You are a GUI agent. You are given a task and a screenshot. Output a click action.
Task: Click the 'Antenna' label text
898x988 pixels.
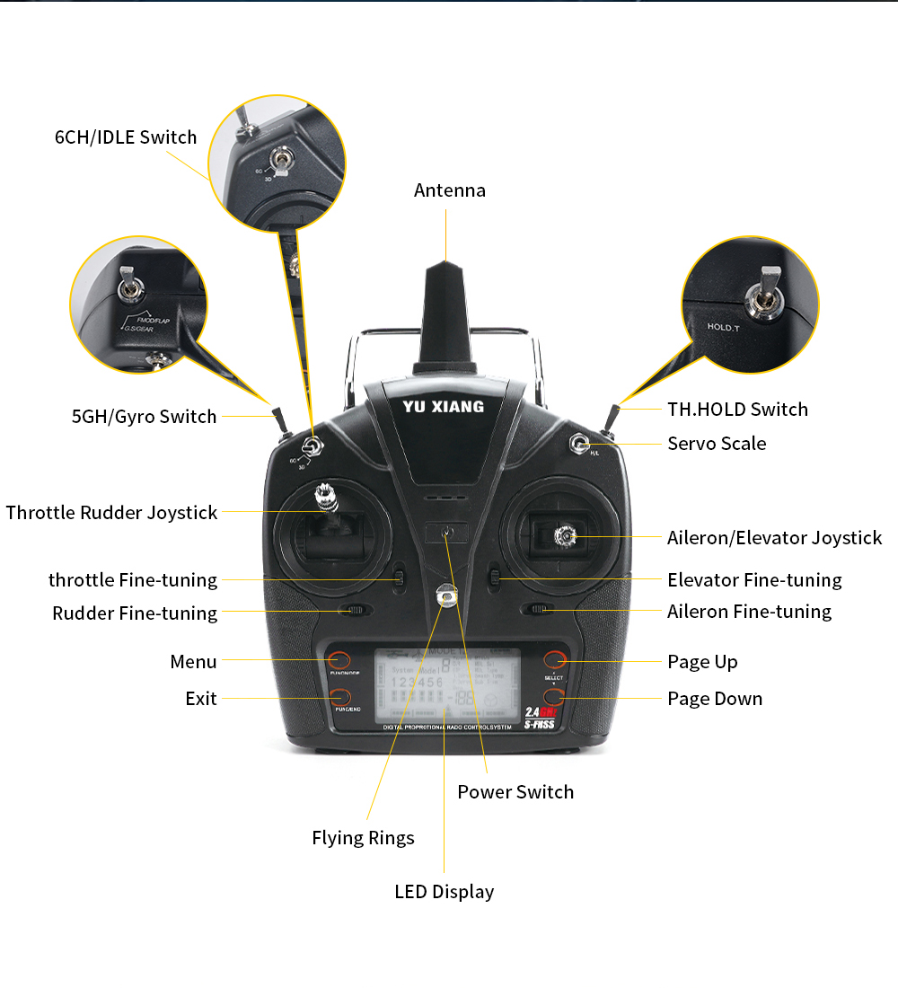(x=449, y=190)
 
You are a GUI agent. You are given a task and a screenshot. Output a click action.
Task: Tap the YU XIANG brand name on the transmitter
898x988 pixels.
(x=443, y=407)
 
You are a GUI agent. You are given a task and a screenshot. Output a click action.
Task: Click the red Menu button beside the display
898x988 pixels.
(x=339, y=660)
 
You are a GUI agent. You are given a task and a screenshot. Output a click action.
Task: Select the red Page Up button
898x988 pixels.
(x=554, y=660)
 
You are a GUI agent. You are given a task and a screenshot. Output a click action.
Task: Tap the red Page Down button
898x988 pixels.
(x=554, y=697)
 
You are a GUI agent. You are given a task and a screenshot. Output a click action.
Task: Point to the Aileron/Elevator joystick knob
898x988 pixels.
(x=565, y=536)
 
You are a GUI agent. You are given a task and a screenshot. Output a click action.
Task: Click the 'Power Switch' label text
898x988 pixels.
(x=515, y=792)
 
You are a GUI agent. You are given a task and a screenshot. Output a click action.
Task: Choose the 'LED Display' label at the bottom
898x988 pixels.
(x=444, y=892)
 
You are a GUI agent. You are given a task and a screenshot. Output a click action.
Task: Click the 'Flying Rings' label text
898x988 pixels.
(x=363, y=838)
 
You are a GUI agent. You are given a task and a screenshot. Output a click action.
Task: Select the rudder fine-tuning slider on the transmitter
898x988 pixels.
(x=356, y=611)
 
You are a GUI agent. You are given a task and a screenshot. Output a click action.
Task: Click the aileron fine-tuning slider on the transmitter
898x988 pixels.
(x=539, y=610)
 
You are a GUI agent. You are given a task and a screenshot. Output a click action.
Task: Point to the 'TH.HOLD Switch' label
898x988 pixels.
(x=737, y=410)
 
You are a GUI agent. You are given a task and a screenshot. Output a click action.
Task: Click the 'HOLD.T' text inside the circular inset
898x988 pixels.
(x=723, y=327)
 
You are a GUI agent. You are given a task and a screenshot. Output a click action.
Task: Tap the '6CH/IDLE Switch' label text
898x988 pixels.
(x=126, y=137)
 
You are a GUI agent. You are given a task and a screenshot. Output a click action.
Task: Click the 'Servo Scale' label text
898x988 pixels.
(x=717, y=444)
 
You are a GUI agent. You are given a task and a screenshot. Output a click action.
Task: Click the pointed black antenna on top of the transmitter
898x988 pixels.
(x=446, y=314)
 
